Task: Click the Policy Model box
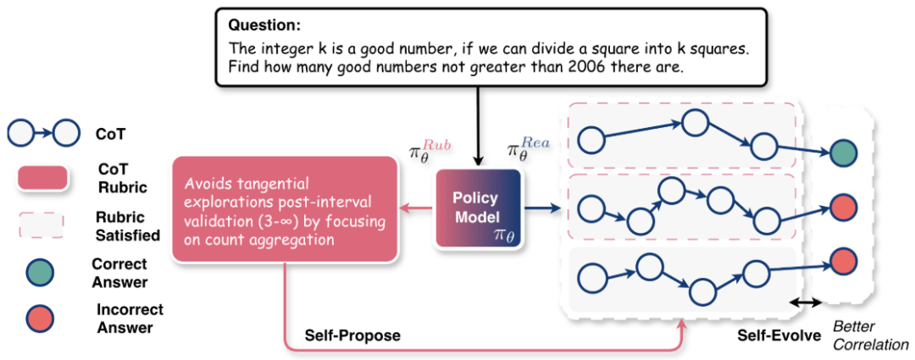tap(480, 208)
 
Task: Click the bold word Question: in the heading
tap(262, 24)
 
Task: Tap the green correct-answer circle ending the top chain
tap(843, 154)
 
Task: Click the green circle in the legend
tap(37, 272)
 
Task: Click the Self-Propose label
tap(353, 335)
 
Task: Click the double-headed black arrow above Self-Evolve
tap(806, 302)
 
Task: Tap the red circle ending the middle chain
tap(843, 207)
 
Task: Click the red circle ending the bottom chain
tap(843, 261)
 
